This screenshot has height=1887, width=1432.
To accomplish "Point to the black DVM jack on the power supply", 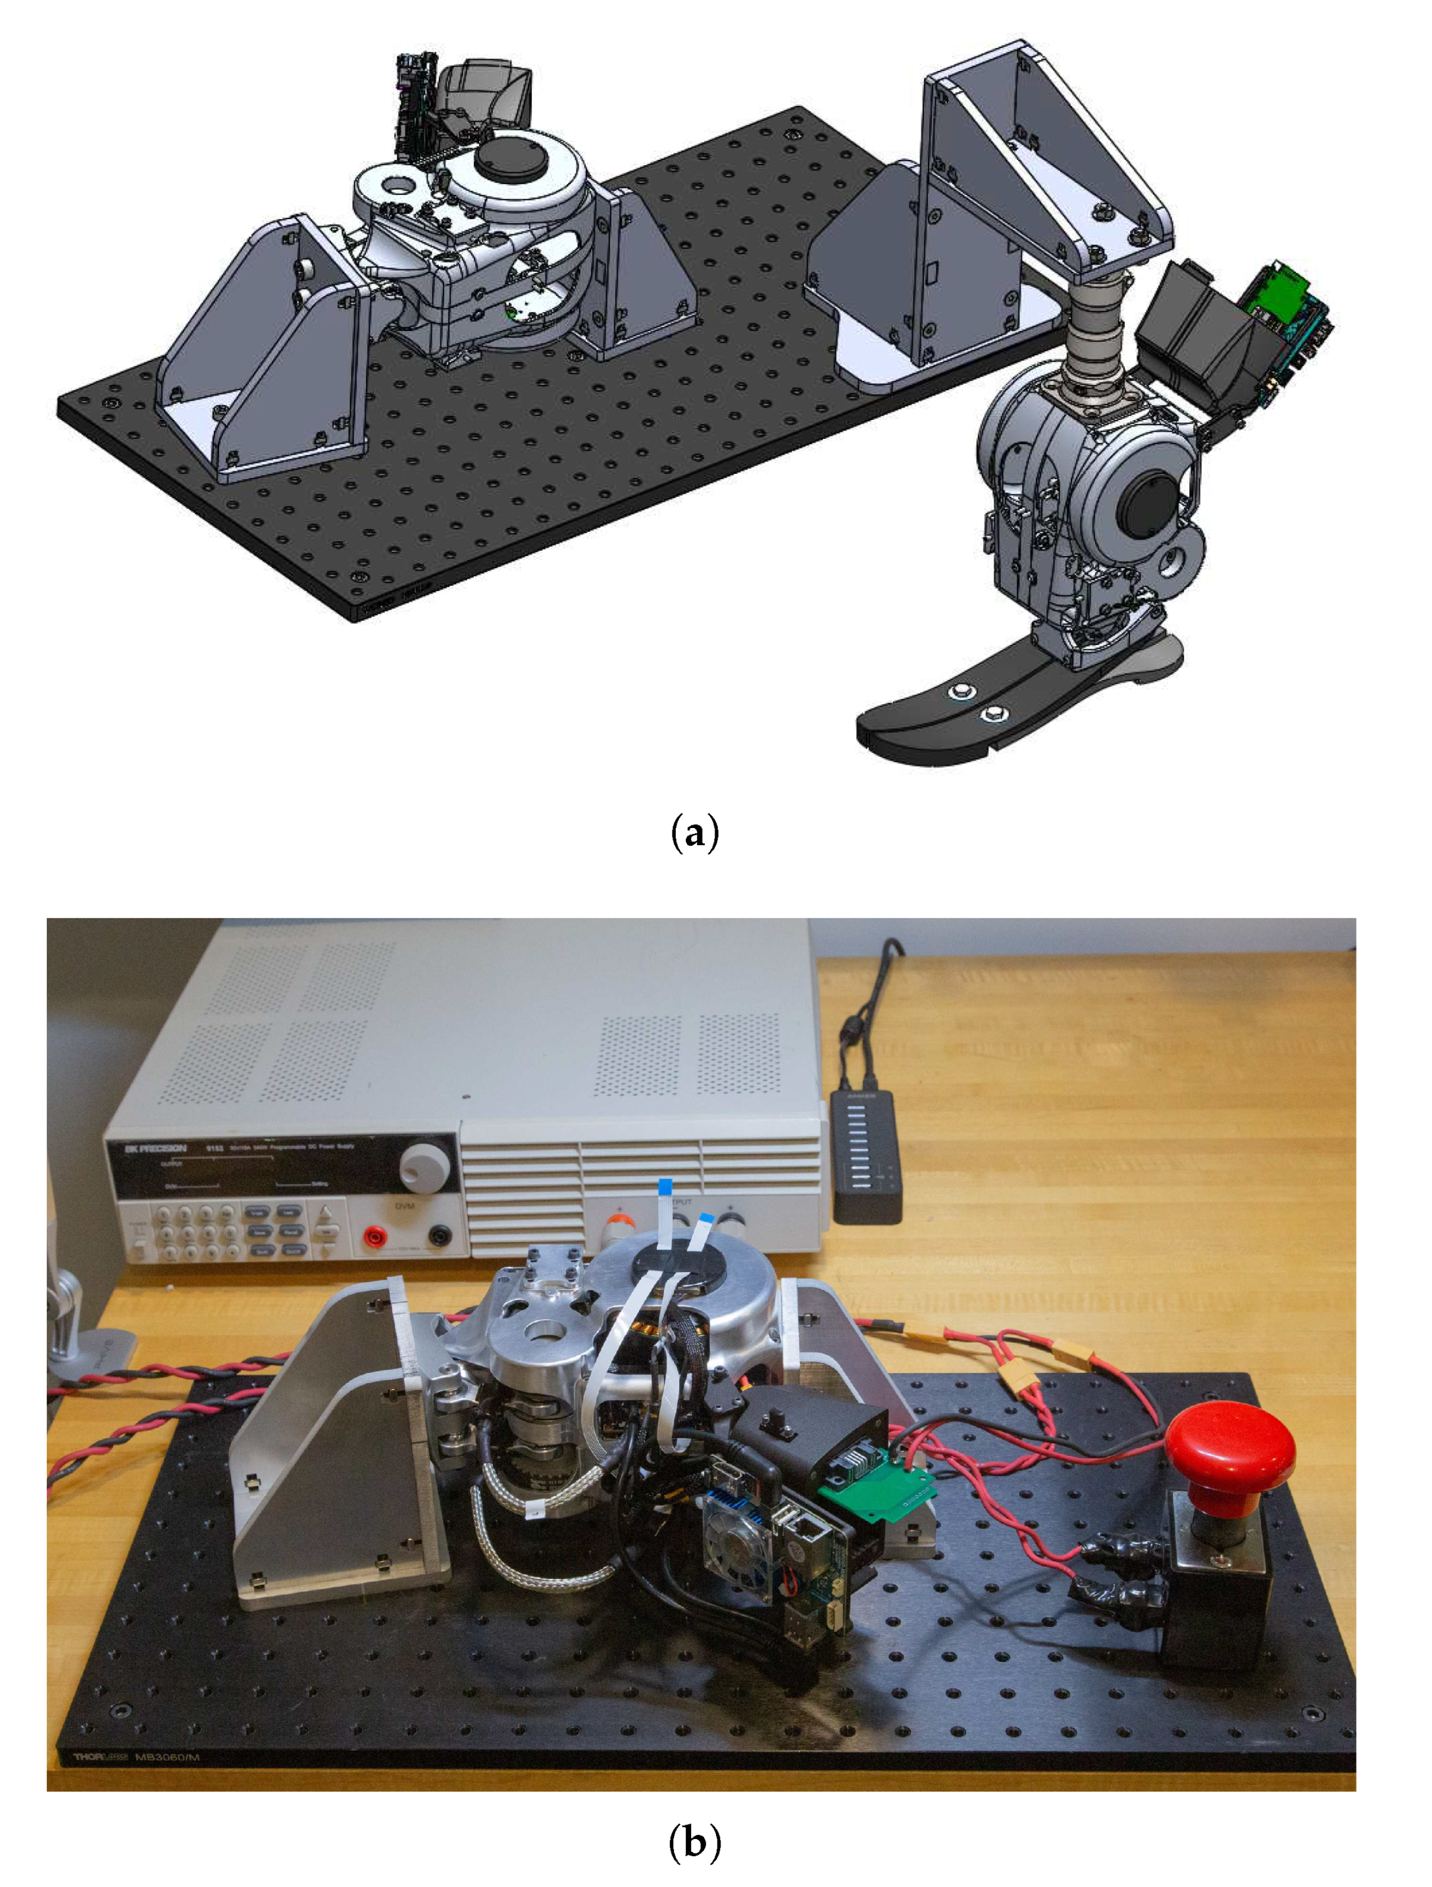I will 439,1234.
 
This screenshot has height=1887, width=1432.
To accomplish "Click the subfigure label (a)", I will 695,833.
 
